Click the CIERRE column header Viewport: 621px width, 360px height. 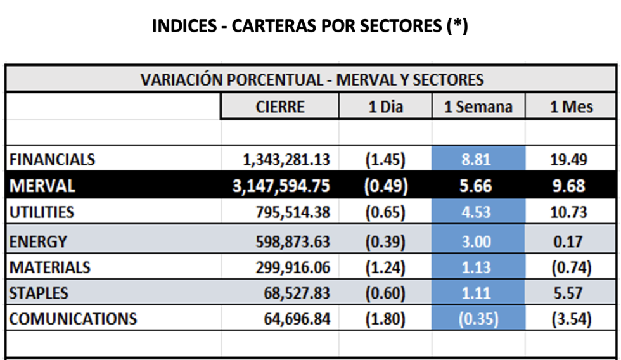[280, 106]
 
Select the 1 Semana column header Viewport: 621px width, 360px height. [478, 106]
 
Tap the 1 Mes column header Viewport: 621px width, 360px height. [571, 106]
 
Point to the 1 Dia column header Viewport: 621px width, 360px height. [386, 106]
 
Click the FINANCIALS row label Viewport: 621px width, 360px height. [52, 160]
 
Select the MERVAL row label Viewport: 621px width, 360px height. [42, 186]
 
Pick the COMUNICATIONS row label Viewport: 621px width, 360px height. [73, 318]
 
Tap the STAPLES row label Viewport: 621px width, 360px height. [39, 293]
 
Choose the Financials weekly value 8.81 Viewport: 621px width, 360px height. [478, 160]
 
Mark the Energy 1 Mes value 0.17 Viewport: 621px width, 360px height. [571, 241]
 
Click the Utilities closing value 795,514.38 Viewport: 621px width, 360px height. [290, 212]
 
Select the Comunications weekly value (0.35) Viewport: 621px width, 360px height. [478, 318]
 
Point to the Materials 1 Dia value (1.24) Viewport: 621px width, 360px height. [386, 267]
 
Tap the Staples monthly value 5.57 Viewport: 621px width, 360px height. [571, 293]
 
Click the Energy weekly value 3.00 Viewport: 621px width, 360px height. [478, 241]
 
